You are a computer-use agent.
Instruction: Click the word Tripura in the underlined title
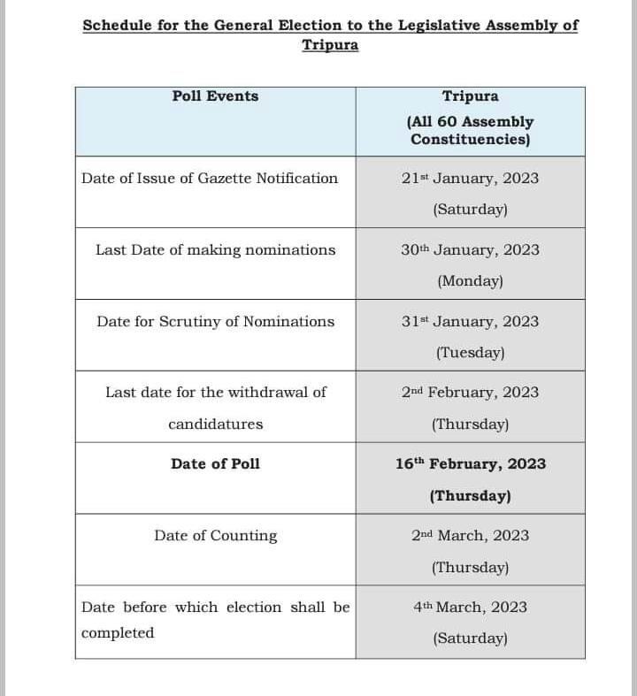[330, 45]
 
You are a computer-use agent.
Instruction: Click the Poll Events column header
[215, 96]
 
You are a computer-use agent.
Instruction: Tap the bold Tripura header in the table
[470, 96]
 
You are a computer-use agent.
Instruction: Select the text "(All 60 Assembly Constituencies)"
[470, 131]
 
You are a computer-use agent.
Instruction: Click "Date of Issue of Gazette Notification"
[210, 179]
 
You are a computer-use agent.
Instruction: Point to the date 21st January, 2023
[470, 179]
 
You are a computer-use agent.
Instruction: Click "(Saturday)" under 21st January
[470, 210]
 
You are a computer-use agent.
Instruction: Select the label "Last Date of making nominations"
[216, 250]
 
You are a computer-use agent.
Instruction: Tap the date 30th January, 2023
[470, 250]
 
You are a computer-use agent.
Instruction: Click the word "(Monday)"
[470, 282]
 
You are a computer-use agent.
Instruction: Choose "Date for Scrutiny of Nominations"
[216, 322]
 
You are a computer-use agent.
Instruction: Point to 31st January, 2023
[470, 322]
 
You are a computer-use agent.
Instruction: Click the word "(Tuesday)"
[470, 353]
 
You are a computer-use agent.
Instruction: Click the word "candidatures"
[216, 424]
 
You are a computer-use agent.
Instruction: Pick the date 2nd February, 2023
[470, 393]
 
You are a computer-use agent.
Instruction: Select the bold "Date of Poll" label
[216, 464]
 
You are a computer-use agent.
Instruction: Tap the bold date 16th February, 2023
[470, 464]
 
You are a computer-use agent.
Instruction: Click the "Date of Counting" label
[216, 536]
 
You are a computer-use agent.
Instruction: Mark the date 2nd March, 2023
[470, 536]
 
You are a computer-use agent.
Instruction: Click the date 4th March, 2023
[470, 608]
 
